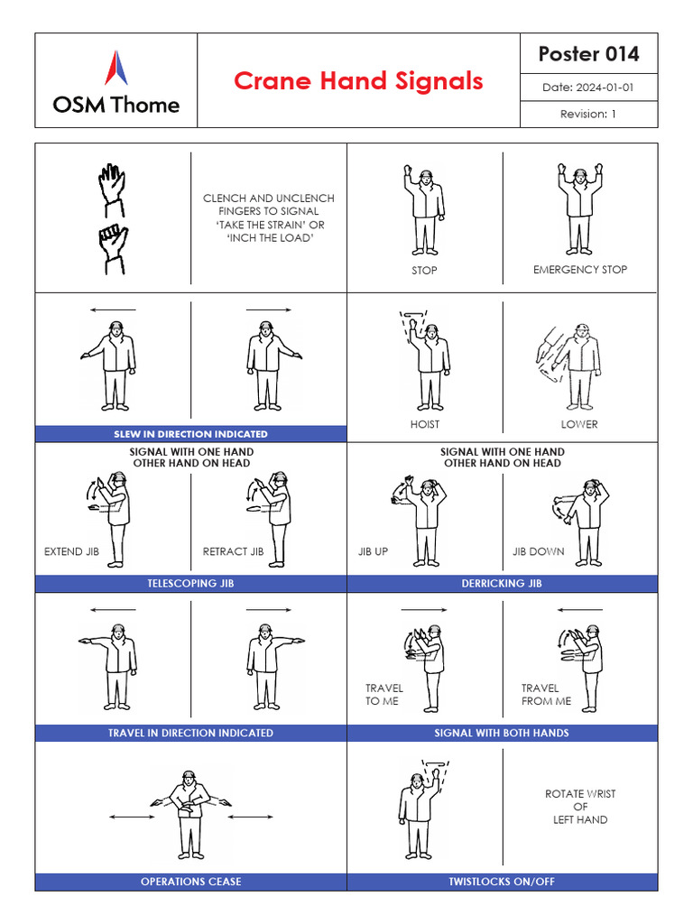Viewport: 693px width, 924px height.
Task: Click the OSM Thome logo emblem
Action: (115, 69)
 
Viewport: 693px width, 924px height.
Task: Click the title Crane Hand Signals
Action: (358, 81)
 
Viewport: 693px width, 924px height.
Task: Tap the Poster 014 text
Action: (588, 54)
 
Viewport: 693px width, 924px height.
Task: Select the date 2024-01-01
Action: (588, 88)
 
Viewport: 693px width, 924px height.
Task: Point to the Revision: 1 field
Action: (588, 114)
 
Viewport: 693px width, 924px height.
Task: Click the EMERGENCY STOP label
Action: (580, 270)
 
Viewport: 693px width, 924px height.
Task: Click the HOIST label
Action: (424, 424)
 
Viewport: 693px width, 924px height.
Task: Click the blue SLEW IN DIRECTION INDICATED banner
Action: (190, 434)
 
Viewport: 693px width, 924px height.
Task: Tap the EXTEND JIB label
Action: (71, 551)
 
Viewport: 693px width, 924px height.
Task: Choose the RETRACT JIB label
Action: (233, 551)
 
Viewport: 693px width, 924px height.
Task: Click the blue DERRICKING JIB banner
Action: (502, 584)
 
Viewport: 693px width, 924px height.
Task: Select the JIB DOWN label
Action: (539, 551)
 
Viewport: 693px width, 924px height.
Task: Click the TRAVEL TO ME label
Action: (384, 694)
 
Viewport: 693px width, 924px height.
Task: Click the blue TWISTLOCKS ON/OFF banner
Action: (502, 882)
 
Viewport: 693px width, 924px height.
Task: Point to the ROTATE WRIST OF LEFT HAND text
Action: (580, 807)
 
